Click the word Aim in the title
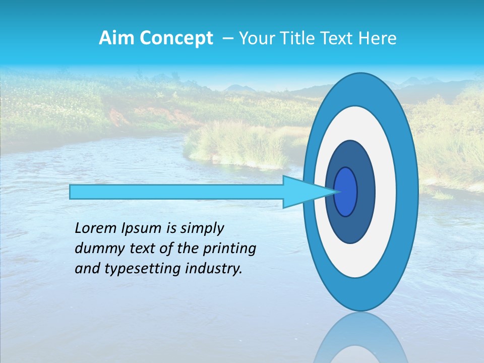115,38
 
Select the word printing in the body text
229,249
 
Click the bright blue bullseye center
346,192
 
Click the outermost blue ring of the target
408,192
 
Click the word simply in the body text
202,229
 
